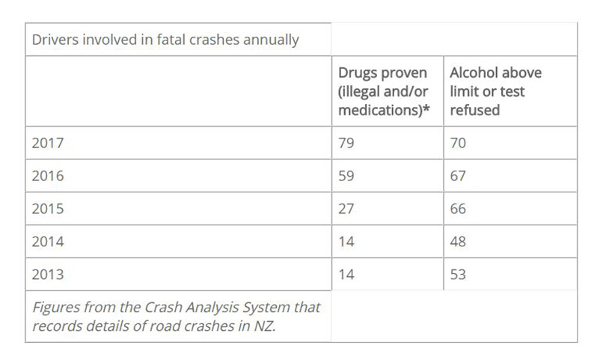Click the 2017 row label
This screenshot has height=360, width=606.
pyautogui.click(x=48, y=143)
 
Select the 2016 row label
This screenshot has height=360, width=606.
pyautogui.click(x=48, y=176)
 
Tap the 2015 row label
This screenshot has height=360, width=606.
pyautogui.click(x=48, y=209)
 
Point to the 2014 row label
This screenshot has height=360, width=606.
pyautogui.click(x=48, y=242)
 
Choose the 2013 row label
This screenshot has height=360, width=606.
pyautogui.click(x=48, y=275)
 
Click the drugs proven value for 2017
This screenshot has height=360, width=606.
pyautogui.click(x=346, y=143)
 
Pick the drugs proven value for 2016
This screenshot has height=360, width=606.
pyautogui.click(x=346, y=176)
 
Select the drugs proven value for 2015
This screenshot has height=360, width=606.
pyautogui.click(x=346, y=209)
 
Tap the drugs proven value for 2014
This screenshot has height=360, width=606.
pyautogui.click(x=346, y=242)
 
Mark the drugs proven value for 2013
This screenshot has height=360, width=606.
pyautogui.click(x=346, y=275)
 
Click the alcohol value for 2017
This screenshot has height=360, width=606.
pyautogui.click(x=458, y=143)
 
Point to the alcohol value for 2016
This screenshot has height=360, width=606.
pyautogui.click(x=458, y=176)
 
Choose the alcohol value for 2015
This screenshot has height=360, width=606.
pyautogui.click(x=458, y=209)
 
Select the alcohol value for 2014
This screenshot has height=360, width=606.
pyautogui.click(x=458, y=242)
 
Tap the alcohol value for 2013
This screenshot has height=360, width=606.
pyautogui.click(x=458, y=275)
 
